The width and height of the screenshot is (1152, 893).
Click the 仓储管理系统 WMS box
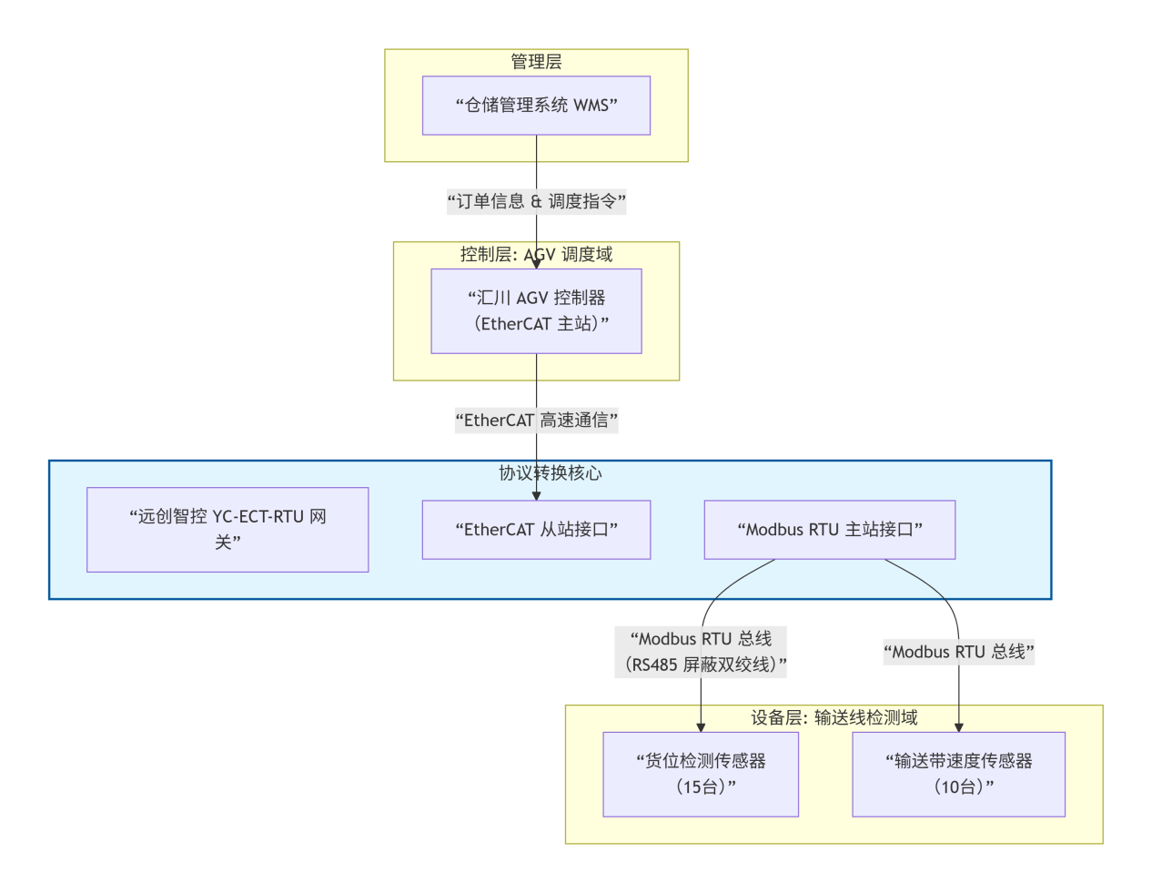coord(536,106)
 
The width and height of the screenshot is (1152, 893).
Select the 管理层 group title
coord(536,62)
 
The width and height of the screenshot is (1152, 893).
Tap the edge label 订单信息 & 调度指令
coord(536,201)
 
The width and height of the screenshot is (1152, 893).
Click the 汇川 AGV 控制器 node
coord(536,310)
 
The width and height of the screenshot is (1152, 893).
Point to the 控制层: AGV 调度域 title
coord(536,254)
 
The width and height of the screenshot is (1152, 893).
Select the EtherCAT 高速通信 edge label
coord(536,421)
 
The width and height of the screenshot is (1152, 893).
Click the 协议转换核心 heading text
coord(550,472)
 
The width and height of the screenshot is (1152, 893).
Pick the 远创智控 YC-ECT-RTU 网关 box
coord(227,529)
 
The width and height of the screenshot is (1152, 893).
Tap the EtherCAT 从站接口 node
coord(536,529)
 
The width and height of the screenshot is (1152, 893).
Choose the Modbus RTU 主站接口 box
coord(829,529)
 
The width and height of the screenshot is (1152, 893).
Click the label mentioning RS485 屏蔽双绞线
coord(701,652)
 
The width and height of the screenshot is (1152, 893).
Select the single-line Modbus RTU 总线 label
coord(958,652)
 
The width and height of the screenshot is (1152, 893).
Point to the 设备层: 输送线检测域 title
coord(834,717)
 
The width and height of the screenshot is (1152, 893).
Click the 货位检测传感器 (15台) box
coord(701,774)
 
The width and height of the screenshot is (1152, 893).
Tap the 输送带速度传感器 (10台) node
coord(958,774)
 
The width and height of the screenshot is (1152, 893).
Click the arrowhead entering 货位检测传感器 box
coord(701,726)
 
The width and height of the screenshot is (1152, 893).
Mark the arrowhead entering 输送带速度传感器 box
coord(958,726)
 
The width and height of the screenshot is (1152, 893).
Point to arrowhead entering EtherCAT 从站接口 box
coord(536,495)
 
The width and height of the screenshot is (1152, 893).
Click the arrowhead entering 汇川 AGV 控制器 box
coord(536,263)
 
